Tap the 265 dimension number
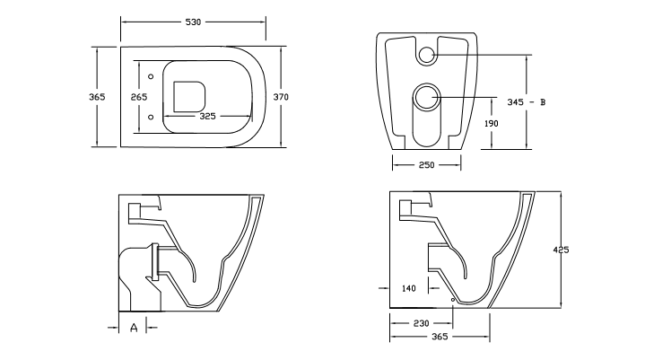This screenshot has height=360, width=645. click(x=139, y=96)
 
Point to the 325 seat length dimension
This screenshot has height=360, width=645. click(x=207, y=116)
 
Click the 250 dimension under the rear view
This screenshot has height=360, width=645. click(x=426, y=164)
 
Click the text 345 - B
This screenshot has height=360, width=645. click(x=526, y=102)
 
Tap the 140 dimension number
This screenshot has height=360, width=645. click(x=409, y=288)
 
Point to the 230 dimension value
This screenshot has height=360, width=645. click(x=421, y=322)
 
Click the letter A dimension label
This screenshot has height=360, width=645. click(x=134, y=328)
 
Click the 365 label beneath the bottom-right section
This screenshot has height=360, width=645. click(x=439, y=337)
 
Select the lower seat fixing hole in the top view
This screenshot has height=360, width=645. click(x=152, y=117)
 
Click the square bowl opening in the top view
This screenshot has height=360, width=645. click(x=187, y=95)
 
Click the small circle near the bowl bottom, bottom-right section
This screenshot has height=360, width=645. click(x=452, y=296)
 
